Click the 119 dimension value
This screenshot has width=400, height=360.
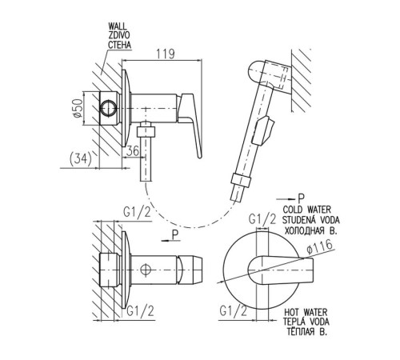[166, 54]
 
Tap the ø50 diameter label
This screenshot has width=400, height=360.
[78, 108]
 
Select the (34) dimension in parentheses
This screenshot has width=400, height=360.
[80, 159]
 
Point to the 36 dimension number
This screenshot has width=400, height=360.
[133, 151]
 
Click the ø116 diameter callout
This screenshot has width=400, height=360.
[320, 246]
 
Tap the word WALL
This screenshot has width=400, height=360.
[118, 26]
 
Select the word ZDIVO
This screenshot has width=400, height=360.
[119, 35]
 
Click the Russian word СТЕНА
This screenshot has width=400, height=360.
[120, 45]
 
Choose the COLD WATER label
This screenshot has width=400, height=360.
[306, 210]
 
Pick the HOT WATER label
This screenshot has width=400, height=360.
[306, 312]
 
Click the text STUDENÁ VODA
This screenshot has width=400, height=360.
[311, 220]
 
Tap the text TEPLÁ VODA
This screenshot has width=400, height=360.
[306, 322]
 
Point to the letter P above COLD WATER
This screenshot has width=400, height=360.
[301, 198]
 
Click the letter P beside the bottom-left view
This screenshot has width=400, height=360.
[175, 235]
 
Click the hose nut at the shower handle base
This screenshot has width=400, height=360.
[241, 180]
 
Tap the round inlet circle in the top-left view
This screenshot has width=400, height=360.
[108, 108]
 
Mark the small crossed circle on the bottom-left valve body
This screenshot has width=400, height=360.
[146, 270]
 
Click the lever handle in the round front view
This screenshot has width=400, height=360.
[281, 270]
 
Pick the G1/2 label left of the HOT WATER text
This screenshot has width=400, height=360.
[233, 311]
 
